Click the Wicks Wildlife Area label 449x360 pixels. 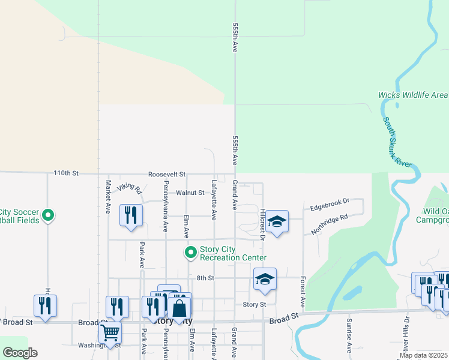(412, 95)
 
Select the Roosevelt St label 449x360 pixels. (167, 173)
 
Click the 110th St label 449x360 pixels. (66, 173)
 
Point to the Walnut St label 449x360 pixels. (190, 193)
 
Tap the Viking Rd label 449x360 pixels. (130, 189)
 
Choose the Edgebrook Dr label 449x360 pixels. (330, 208)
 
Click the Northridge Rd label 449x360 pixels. (330, 224)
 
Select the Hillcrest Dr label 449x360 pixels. (263, 224)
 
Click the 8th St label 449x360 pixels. (205, 278)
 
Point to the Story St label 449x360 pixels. (254, 305)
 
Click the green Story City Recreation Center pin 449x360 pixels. (191, 253)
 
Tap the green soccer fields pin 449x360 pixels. (49, 214)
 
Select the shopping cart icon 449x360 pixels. (110, 331)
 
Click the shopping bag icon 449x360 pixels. (179, 308)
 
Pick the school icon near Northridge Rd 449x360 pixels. (277, 221)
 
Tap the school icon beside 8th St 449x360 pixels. (265, 278)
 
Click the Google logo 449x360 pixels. (20, 353)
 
